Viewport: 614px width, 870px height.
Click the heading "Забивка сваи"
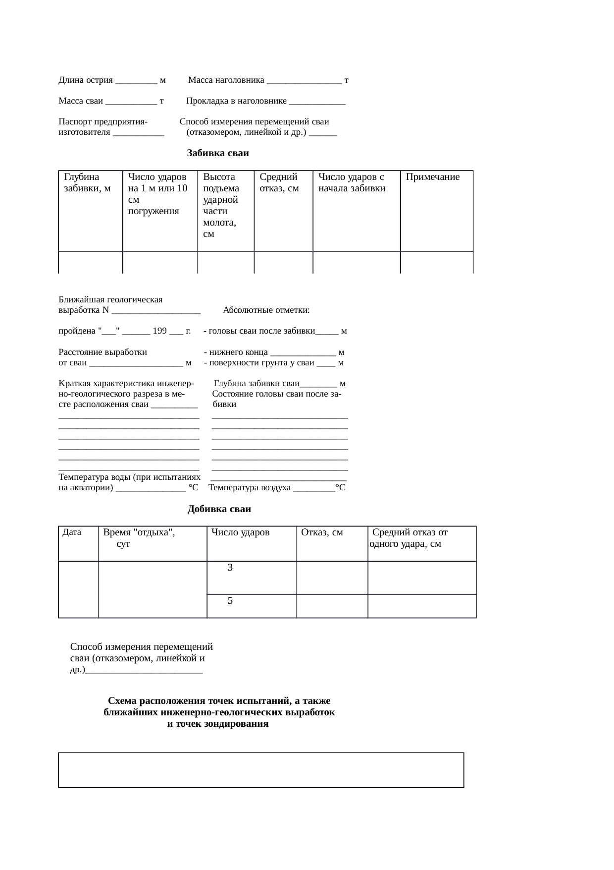(218, 153)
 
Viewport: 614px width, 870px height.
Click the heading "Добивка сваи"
(219, 509)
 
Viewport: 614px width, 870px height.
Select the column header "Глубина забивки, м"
(87, 182)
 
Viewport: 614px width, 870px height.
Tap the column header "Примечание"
(432, 177)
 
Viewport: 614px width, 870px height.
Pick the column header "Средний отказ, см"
(279, 182)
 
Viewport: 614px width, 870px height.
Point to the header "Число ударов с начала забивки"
(352, 182)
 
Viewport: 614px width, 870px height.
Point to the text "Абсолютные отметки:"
(266, 310)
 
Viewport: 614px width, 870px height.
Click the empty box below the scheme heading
(261, 770)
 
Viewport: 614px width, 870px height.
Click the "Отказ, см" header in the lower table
(322, 532)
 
